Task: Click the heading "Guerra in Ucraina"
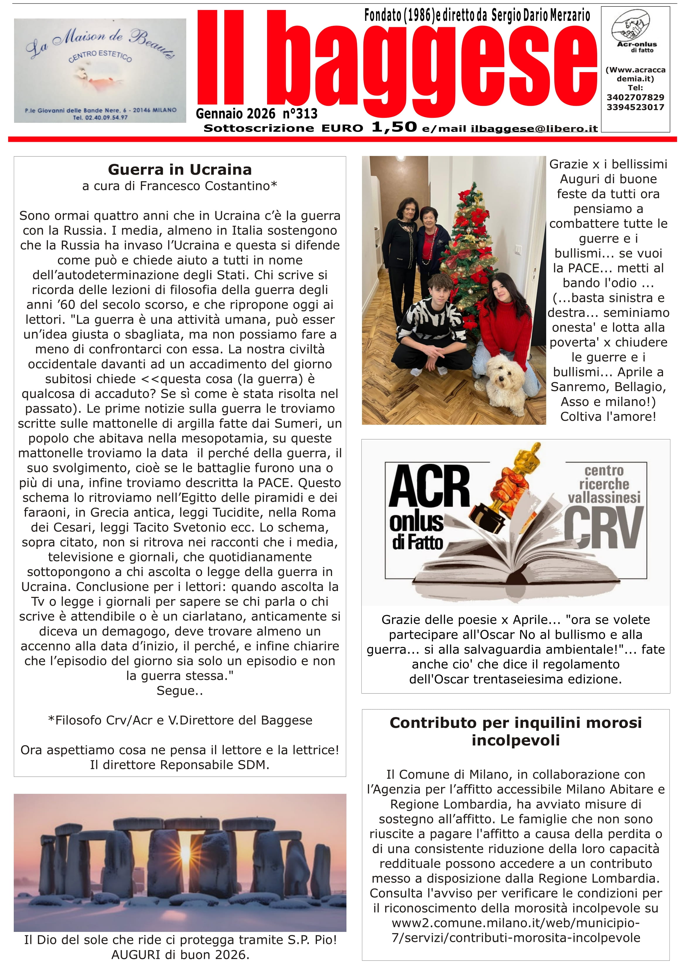180,170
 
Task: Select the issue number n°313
300,114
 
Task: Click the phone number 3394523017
635,107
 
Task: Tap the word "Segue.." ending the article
180,691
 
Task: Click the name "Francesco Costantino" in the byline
204,186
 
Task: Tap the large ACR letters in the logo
429,486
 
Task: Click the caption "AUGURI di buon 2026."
180,955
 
